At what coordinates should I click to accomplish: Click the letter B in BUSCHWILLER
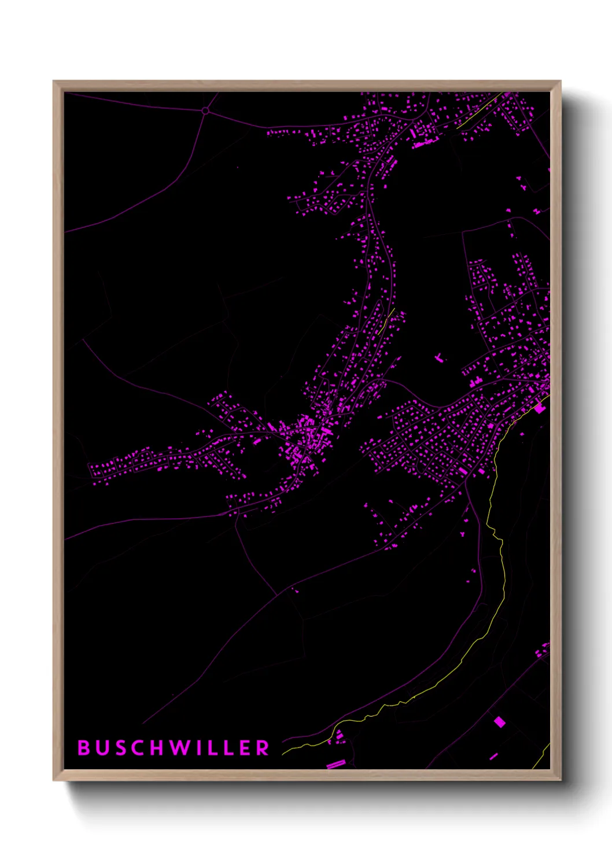(84, 748)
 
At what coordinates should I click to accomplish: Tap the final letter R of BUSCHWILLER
(263, 748)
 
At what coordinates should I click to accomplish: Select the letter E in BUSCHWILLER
(245, 748)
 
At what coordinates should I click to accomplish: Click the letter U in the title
(102, 748)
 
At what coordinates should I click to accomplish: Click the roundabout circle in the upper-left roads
(205, 110)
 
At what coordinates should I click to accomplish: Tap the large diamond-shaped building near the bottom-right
(499, 721)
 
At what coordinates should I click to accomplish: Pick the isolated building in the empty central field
(440, 359)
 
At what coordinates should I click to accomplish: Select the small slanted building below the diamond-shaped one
(493, 756)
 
